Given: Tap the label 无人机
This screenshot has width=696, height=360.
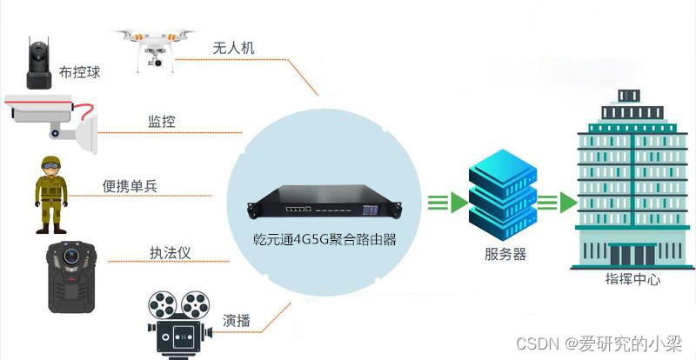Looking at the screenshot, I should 233,48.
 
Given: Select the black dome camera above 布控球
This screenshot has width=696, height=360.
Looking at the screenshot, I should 38,63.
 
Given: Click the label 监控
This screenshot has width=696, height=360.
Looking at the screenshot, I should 162,122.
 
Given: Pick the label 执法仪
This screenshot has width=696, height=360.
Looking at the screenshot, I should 170,253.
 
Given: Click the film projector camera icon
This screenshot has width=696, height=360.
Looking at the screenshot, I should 178,323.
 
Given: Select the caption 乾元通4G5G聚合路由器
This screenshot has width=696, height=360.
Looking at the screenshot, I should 323,238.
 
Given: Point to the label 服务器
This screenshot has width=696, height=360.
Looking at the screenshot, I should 505,254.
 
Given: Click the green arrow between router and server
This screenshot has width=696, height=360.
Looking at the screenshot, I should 446,203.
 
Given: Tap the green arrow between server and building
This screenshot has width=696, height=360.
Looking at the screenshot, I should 556,203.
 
